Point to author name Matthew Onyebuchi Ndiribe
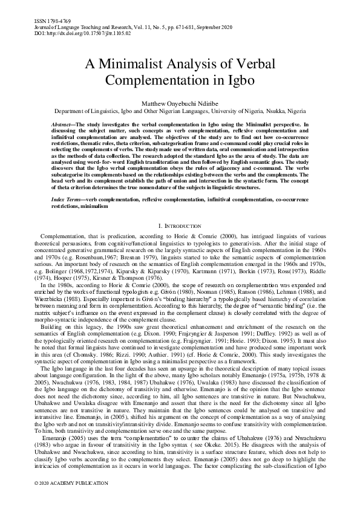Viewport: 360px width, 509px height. (x=180, y=102)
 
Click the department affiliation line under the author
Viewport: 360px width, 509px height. (x=180, y=112)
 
